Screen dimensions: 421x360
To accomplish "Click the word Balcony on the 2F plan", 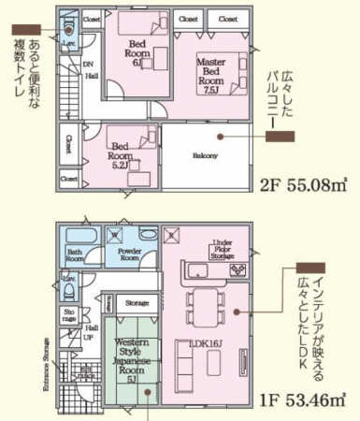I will (205, 155).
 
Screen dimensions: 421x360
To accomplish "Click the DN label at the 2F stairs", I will (88, 64).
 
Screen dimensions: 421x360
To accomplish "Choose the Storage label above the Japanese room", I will (137, 303).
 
